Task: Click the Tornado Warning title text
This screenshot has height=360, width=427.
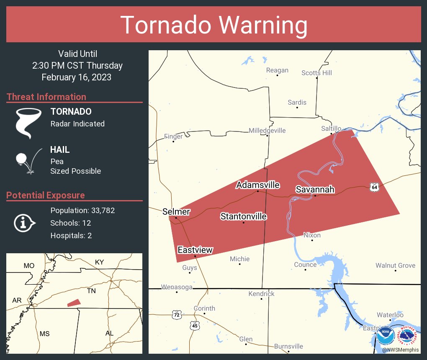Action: point(213,25)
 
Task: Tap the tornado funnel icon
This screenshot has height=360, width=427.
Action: point(28,123)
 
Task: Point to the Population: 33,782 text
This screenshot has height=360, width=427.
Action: point(82,210)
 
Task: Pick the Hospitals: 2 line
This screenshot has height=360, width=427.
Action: point(71,235)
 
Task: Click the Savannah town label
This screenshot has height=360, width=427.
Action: point(315,190)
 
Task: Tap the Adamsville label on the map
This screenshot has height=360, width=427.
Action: point(257,185)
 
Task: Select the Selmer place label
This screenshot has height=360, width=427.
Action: point(176,212)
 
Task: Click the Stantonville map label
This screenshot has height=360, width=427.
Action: point(243,216)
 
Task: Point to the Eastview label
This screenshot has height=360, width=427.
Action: point(195,250)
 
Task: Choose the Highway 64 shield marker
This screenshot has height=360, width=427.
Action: point(374,187)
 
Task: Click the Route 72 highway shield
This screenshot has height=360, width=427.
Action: point(176,314)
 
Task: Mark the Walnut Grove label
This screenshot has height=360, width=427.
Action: point(395,265)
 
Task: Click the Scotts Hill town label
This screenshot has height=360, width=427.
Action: point(316,73)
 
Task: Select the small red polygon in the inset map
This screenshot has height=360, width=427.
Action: point(74,302)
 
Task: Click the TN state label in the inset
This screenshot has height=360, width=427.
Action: point(91,291)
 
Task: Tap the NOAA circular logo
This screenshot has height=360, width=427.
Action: point(385,335)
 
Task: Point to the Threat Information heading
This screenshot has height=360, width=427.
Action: point(46,97)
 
